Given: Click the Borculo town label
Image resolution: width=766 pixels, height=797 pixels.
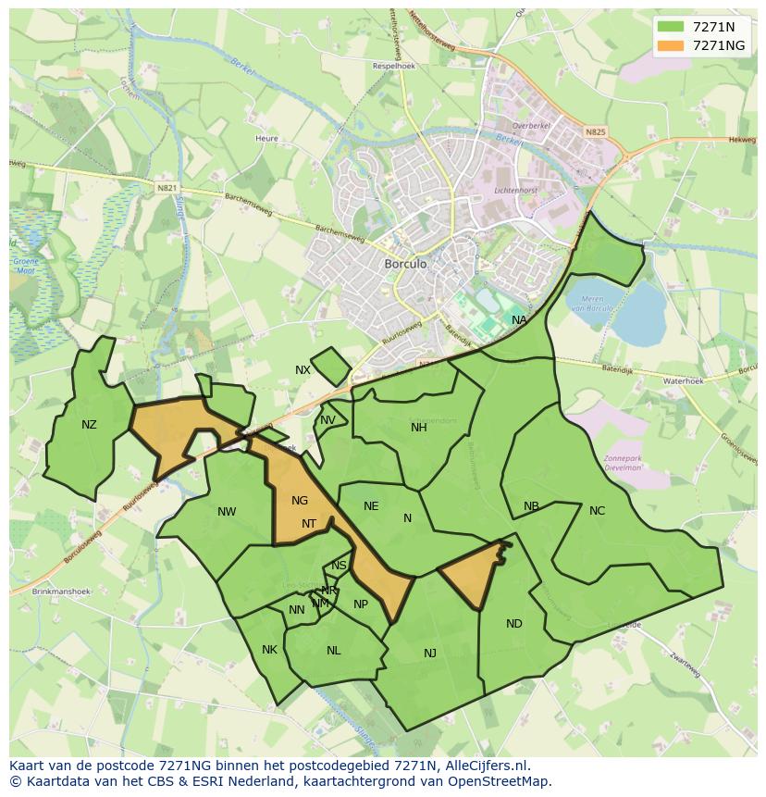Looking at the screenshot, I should (x=405, y=264).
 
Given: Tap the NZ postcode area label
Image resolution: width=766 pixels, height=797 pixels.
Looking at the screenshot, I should (x=89, y=425).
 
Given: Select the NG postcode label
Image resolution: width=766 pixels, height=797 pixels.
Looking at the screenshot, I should (x=299, y=501).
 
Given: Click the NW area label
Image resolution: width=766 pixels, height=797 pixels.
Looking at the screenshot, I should (x=227, y=512).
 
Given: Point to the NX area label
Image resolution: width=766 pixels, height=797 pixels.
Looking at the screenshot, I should (x=303, y=370).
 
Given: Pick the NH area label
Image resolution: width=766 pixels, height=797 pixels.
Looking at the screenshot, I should (x=419, y=427).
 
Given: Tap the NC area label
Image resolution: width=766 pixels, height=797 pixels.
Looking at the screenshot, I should (x=597, y=511).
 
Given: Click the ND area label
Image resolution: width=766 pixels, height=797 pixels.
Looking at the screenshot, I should (x=514, y=624).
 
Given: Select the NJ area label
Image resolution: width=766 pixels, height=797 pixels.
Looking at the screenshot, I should (x=430, y=654).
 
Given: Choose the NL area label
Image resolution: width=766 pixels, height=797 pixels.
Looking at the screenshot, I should (x=334, y=651).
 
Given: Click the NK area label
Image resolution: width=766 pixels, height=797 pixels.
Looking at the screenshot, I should (x=269, y=650).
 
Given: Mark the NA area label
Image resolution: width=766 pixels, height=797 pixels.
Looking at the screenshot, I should (x=519, y=320).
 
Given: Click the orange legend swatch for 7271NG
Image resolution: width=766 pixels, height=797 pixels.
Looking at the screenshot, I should (x=672, y=45).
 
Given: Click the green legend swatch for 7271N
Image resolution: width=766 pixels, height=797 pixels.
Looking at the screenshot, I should (x=672, y=27).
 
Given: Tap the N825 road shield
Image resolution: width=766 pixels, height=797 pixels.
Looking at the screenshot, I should (x=595, y=132).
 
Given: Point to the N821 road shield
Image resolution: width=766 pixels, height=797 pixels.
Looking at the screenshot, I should (x=167, y=188).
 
